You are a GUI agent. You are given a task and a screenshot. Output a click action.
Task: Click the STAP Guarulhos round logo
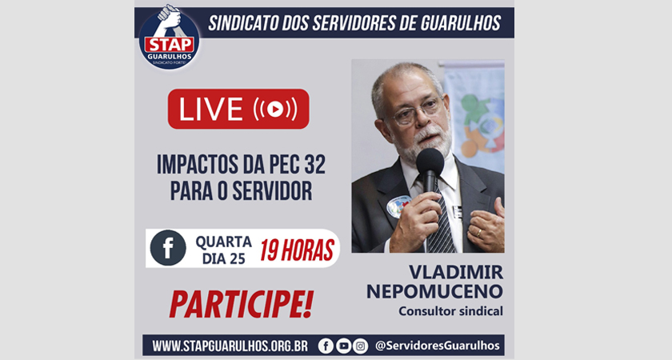click(x=170, y=38)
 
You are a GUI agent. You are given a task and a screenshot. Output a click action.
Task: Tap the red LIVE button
click(x=238, y=109)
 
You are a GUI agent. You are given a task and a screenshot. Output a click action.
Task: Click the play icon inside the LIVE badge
click(x=275, y=110)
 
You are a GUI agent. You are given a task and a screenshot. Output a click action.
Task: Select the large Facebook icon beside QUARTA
click(x=168, y=248)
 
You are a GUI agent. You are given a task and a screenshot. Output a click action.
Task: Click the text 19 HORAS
click(x=297, y=250)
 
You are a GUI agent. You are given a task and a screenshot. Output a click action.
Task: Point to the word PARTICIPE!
click(x=242, y=304)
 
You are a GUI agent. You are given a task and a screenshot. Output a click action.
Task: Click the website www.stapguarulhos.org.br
click(x=230, y=346)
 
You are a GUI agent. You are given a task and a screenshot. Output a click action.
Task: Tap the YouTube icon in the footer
click(x=343, y=346)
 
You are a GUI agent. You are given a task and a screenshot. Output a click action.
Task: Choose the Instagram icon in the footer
click(x=361, y=346)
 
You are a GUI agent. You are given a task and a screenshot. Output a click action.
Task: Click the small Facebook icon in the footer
click(x=326, y=346)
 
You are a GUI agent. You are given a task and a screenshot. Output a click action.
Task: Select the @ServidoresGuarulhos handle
click(x=437, y=346)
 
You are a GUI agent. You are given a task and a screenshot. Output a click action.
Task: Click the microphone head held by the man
click(x=430, y=162)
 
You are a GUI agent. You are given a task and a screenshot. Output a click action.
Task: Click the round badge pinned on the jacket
click(x=398, y=206)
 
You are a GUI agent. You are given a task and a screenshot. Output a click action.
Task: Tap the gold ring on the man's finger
click(x=479, y=233)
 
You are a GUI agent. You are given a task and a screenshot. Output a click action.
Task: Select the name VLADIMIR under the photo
click(x=456, y=272)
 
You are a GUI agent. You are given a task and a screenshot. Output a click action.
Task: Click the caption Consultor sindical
click(x=450, y=310)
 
